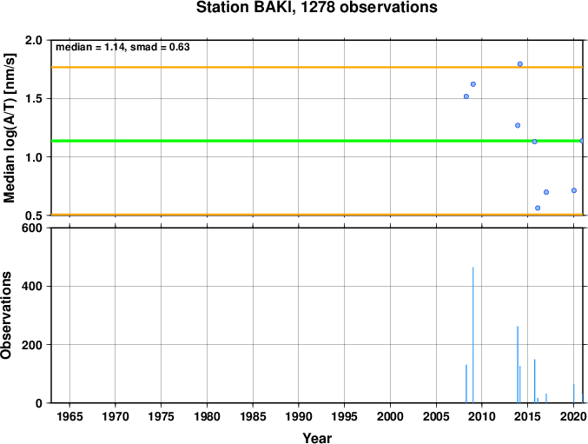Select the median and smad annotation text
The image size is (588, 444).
(x=122, y=47)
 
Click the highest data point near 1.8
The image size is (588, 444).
(x=519, y=64)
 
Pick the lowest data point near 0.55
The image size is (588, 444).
(x=538, y=208)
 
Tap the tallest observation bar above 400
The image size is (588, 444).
(x=472, y=335)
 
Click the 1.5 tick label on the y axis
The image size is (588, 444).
(x=34, y=99)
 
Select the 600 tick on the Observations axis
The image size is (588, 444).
(x=32, y=228)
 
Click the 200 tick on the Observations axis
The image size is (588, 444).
(x=32, y=345)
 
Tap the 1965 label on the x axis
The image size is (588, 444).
(x=69, y=416)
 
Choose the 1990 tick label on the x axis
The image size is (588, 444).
(x=299, y=416)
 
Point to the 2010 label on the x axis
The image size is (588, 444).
(x=482, y=416)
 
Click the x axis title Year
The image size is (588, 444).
(x=317, y=438)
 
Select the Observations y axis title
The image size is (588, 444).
(x=6, y=315)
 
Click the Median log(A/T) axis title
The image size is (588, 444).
(x=9, y=129)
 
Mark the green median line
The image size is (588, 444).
(x=317, y=141)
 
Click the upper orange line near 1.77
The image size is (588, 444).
(x=317, y=67)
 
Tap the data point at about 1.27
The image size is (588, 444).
(x=518, y=125)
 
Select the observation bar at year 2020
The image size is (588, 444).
(x=574, y=394)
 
